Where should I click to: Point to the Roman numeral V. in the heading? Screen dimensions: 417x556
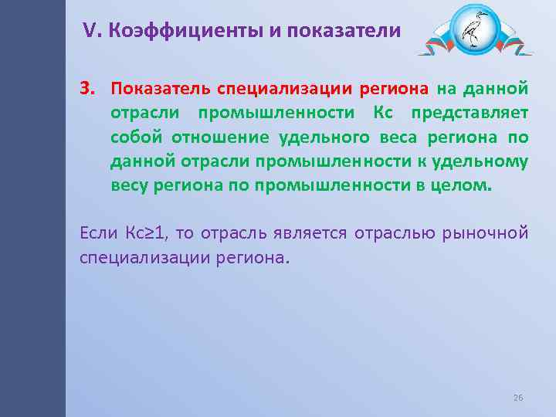click(x=92, y=31)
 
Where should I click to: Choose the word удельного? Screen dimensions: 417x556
click(x=312, y=137)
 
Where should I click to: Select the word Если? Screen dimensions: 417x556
click(x=97, y=232)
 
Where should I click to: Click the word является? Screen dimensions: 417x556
click(x=313, y=232)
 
